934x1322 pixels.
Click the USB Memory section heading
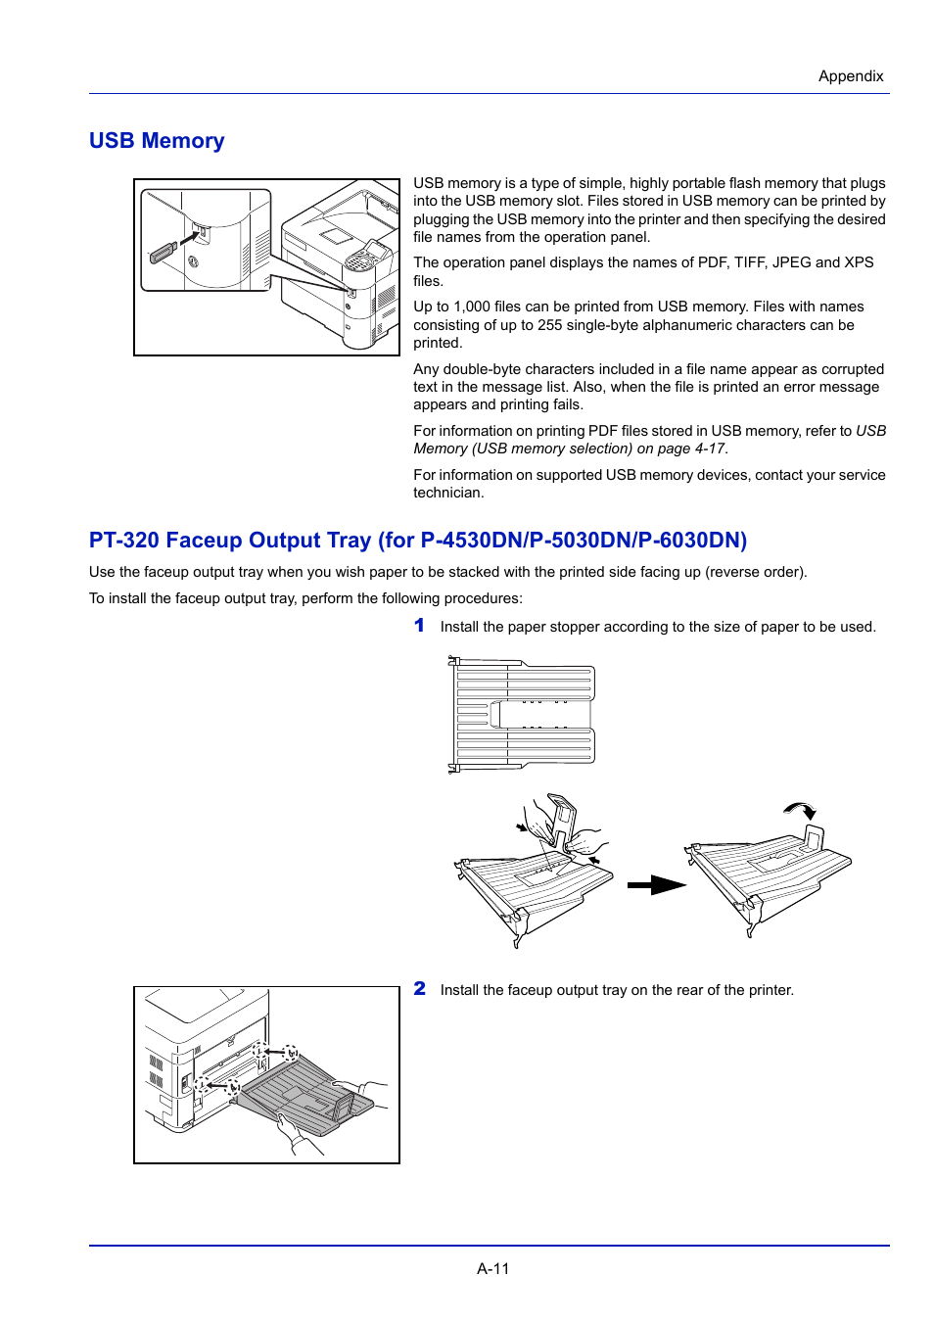coord(157,141)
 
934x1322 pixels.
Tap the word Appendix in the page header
coord(850,76)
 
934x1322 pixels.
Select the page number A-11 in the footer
coord(492,1268)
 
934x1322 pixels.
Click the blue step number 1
coord(419,626)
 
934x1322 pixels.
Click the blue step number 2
coord(419,989)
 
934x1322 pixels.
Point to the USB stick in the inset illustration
coord(163,253)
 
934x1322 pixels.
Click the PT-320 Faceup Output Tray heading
coord(417,541)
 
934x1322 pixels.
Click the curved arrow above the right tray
coord(801,809)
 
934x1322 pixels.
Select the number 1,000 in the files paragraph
coord(472,307)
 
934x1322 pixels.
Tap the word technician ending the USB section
coord(447,493)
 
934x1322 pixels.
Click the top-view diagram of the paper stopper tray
coord(523,714)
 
